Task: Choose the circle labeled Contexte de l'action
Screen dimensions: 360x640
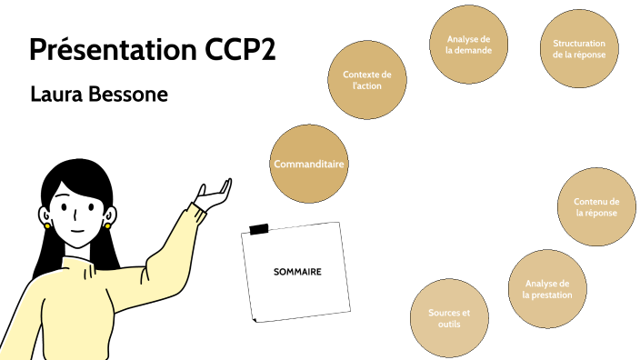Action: coord(367,80)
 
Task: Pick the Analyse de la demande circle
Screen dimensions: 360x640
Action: coord(469,45)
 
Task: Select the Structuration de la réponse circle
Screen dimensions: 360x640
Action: coord(579,48)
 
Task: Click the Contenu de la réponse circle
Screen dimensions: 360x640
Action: coord(596,207)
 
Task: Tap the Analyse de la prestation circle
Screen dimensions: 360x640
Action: coord(547,289)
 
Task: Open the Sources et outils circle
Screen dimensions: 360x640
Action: coord(449,317)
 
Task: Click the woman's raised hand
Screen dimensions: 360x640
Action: coord(213,194)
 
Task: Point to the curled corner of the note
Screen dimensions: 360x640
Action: coord(257,317)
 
